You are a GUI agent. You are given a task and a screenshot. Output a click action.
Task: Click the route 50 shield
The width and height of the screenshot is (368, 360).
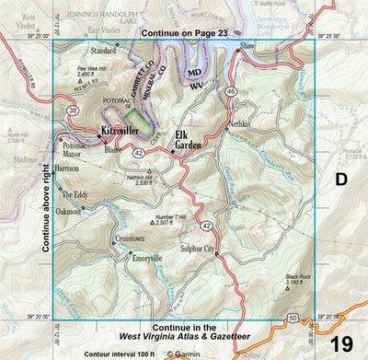[x=293, y=318]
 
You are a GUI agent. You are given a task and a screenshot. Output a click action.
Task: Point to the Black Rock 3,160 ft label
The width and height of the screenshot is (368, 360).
[x=299, y=279]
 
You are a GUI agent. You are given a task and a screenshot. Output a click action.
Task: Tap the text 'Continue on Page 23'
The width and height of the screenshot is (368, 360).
[x=184, y=33]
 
